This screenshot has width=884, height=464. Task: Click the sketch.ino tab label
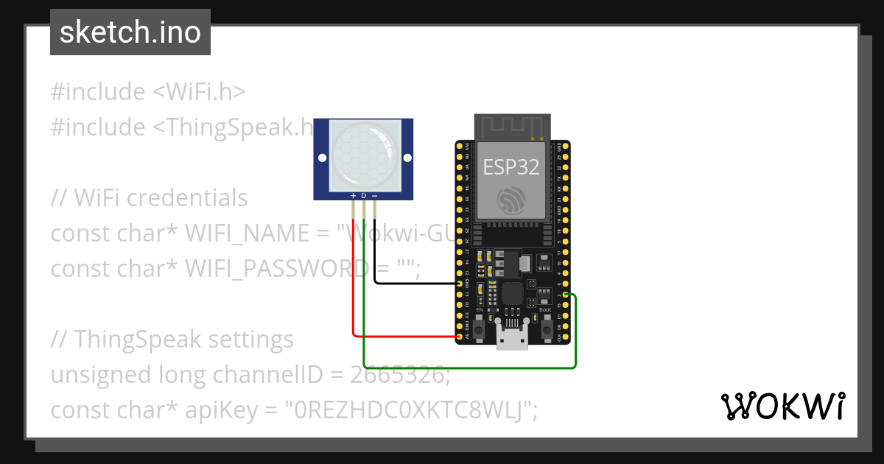click(x=130, y=32)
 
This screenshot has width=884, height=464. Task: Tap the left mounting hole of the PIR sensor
click(x=322, y=158)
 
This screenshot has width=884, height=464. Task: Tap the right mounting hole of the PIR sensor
click(x=406, y=158)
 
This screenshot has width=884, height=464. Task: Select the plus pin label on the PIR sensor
click(x=354, y=195)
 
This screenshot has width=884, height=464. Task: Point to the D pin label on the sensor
click(x=364, y=195)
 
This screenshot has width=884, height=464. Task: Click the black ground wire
click(x=413, y=283)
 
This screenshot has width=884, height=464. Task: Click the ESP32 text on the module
click(x=511, y=167)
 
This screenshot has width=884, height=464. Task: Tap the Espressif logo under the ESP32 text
click(x=511, y=201)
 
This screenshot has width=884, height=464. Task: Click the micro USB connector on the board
click(x=512, y=340)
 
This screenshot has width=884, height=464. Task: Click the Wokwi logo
click(x=782, y=406)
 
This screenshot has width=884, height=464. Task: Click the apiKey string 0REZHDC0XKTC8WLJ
click(x=409, y=409)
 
